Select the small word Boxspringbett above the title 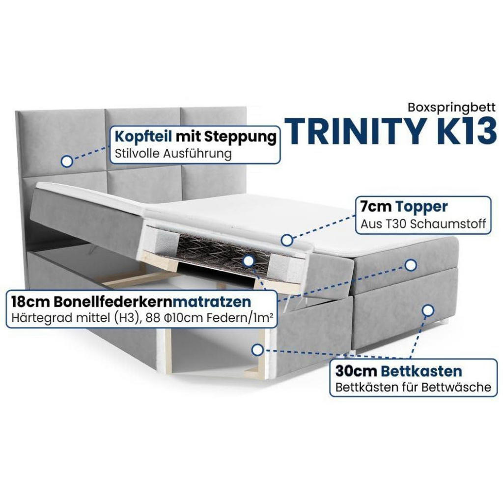click(x=451, y=108)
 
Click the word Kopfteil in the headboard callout click(x=143, y=137)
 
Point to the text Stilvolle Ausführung click(x=173, y=153)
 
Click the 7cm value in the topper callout click(x=376, y=207)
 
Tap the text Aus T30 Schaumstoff click(x=423, y=224)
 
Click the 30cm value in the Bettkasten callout click(x=356, y=371)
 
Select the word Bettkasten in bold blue click(x=421, y=371)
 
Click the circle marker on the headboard click(x=67, y=161)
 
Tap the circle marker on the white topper click(x=287, y=240)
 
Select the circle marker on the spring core click(x=248, y=261)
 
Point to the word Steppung click(x=240, y=137)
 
